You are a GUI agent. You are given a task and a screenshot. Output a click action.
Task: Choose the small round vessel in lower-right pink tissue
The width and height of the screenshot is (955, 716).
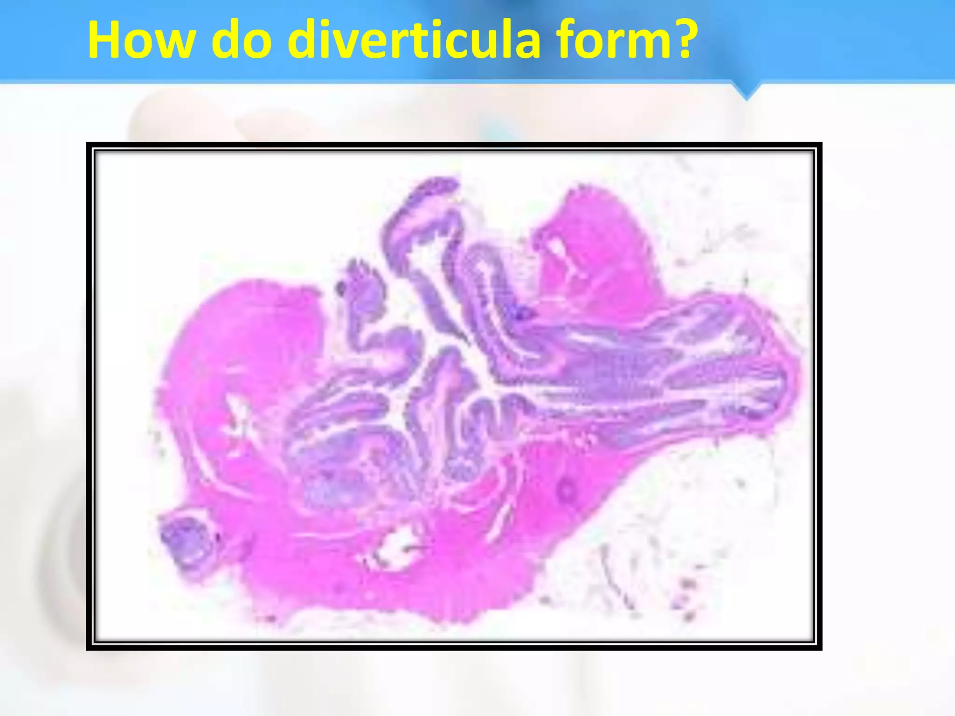pos(567,489)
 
